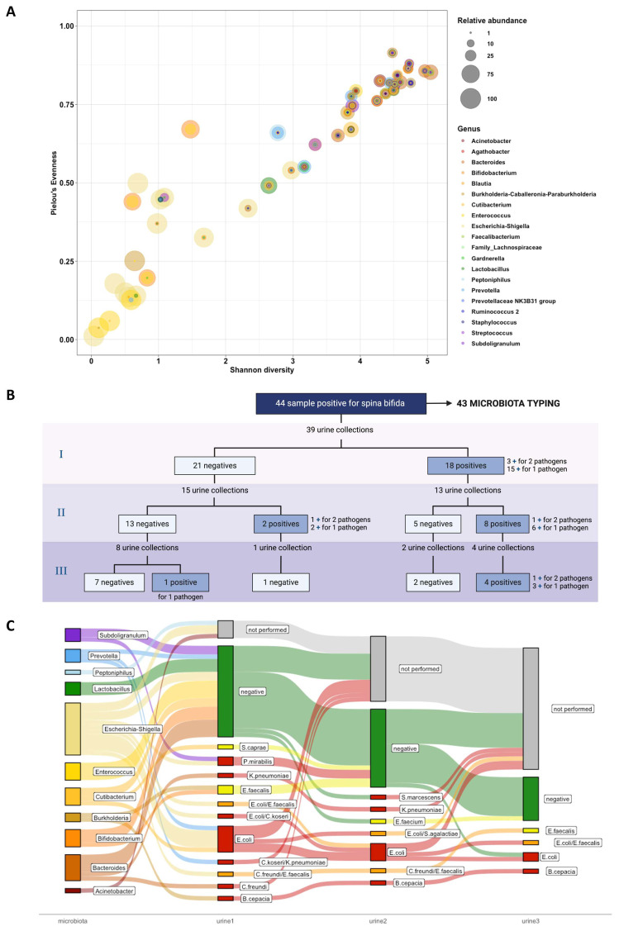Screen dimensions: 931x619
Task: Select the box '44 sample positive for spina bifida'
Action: tap(339, 405)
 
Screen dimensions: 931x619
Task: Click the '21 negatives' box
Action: tap(214, 466)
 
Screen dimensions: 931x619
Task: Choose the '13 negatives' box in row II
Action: tap(146, 522)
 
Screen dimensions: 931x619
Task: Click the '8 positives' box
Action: tap(503, 522)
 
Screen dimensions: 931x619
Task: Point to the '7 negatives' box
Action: tap(112, 582)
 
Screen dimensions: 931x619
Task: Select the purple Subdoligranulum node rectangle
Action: tap(73, 634)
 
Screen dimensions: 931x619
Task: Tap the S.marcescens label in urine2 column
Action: tap(420, 796)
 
